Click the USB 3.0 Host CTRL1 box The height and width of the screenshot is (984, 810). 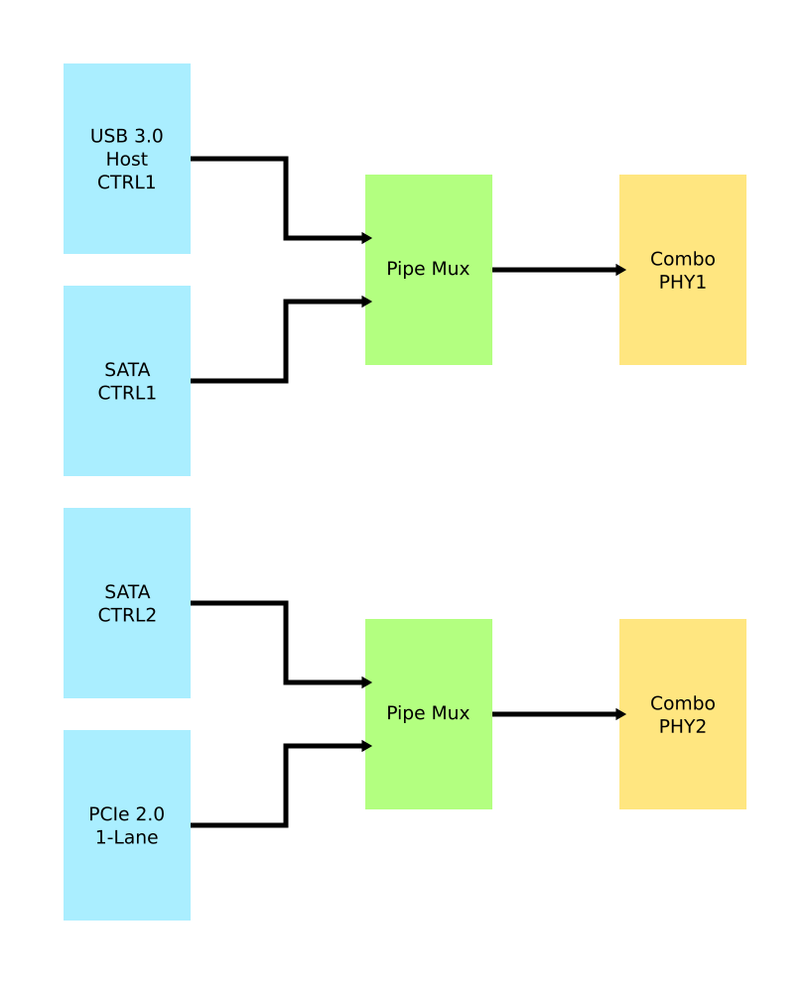(x=127, y=159)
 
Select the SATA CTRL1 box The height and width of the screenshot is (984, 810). (x=127, y=381)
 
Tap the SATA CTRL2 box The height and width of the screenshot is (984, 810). (x=127, y=603)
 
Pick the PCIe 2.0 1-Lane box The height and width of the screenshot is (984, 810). (x=127, y=825)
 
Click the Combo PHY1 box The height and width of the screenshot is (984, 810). (x=683, y=270)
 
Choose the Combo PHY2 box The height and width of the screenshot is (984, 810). (x=683, y=714)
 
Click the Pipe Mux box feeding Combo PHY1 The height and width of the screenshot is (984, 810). (x=429, y=270)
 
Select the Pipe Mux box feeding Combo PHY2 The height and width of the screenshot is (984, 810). (x=429, y=714)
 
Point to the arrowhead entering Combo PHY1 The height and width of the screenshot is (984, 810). (x=621, y=270)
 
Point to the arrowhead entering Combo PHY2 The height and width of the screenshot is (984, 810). (x=621, y=714)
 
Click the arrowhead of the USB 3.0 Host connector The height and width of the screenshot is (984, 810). (x=367, y=238)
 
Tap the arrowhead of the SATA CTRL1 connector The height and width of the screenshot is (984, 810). (x=367, y=302)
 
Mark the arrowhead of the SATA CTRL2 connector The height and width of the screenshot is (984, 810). (x=367, y=682)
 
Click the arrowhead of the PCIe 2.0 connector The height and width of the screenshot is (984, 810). (x=367, y=746)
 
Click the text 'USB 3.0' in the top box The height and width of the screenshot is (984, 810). (x=127, y=136)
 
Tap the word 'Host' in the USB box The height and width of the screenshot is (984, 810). (x=127, y=159)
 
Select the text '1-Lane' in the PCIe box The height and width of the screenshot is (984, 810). (x=127, y=837)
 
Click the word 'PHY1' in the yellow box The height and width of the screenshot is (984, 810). (x=683, y=283)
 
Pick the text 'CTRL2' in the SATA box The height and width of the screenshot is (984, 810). (x=127, y=615)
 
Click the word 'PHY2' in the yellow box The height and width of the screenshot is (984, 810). (x=683, y=727)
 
